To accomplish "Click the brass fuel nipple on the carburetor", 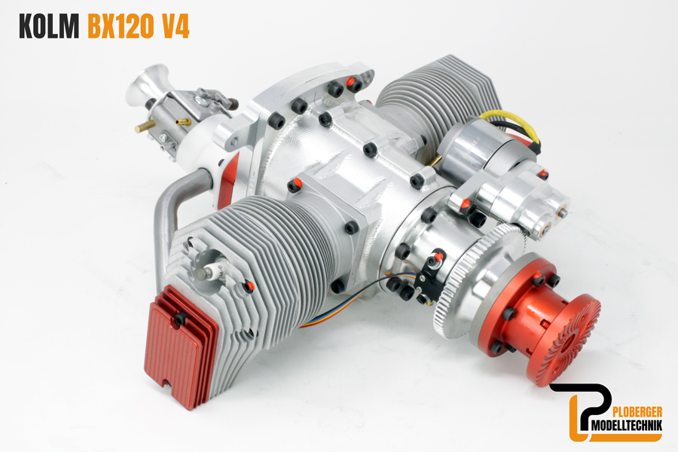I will pos(143,127).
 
